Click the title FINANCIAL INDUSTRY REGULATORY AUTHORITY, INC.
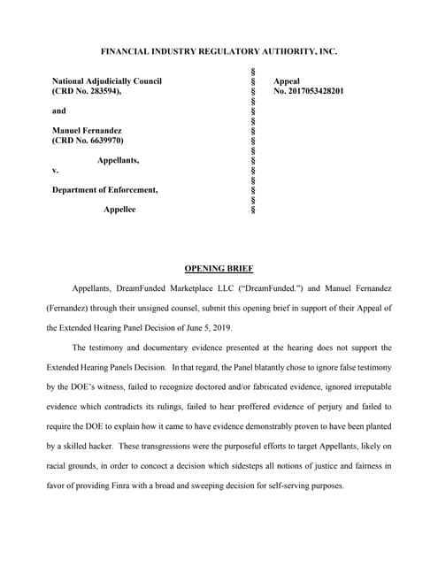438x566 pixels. pos(219,51)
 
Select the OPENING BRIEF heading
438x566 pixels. pos(219,267)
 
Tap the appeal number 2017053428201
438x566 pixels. pos(309,91)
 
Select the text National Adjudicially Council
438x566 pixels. pos(107,81)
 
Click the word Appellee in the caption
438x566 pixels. pos(119,209)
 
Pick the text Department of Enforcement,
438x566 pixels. pos(105,189)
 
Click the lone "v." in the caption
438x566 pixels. pos(56,170)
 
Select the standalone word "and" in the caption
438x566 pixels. pos(58,111)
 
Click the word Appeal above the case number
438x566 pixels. pos(287,81)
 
